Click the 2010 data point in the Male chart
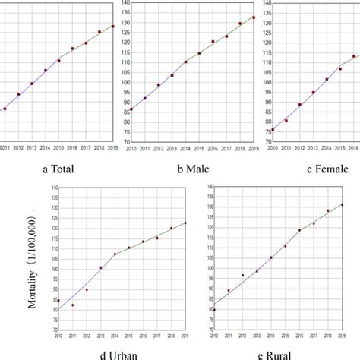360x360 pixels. tap(131, 109)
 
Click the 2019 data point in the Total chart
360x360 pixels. tap(113, 27)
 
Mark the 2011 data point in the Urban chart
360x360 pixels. tap(73, 305)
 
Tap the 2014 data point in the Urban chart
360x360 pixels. tap(115, 254)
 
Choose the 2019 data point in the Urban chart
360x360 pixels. tap(185, 223)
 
